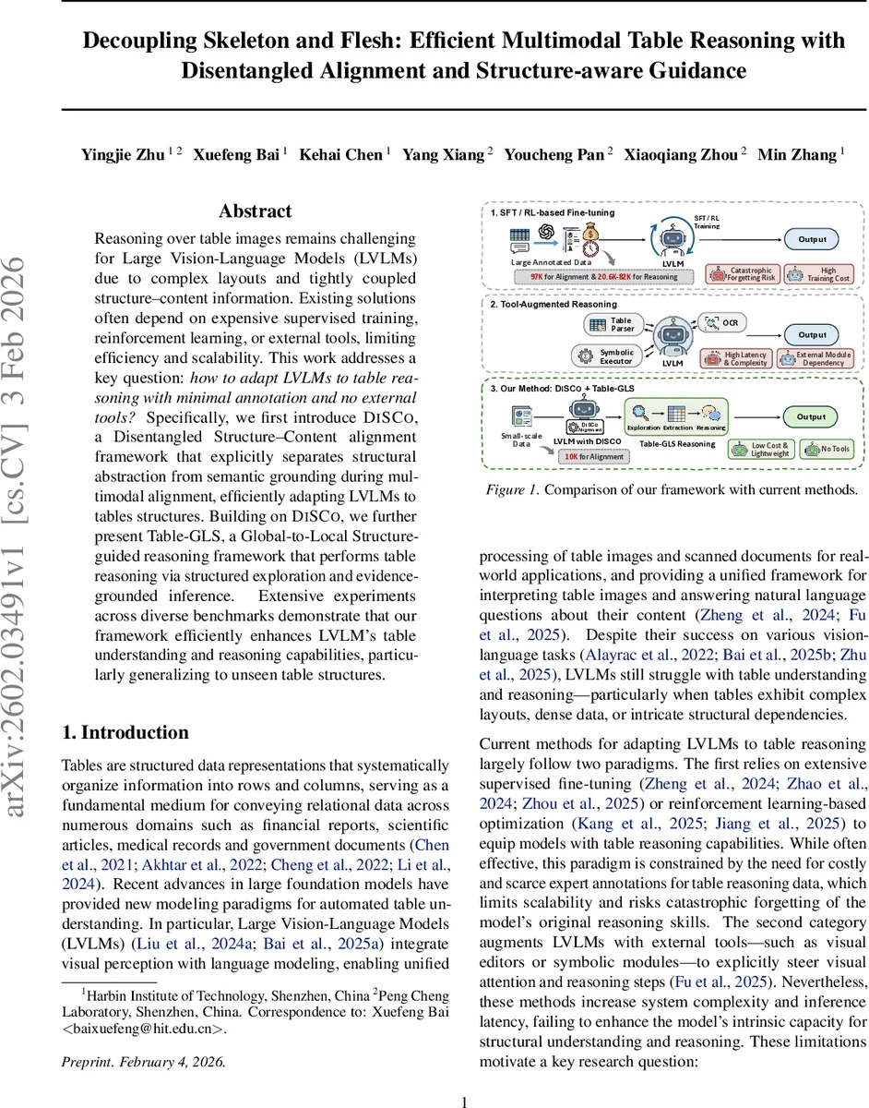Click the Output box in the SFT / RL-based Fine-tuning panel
(x=813, y=239)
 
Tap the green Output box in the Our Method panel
(x=813, y=416)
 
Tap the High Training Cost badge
(x=820, y=273)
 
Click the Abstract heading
(x=255, y=211)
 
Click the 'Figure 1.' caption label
(x=511, y=489)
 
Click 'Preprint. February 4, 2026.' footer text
(x=142, y=1061)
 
